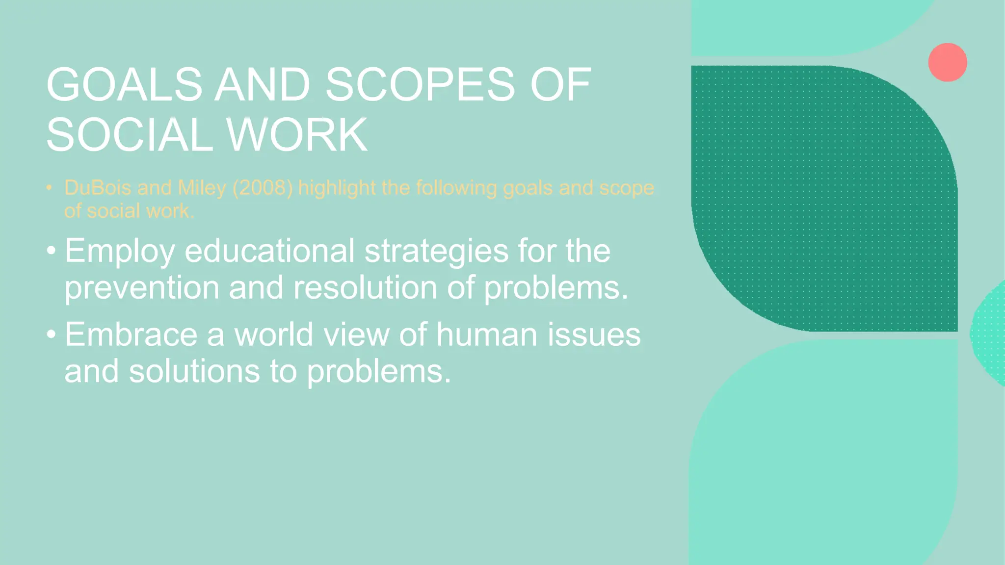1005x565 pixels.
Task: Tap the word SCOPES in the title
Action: click(420, 85)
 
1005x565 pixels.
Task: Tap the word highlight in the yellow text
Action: click(337, 188)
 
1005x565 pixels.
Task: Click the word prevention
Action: click(142, 287)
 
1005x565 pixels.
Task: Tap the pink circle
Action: click(947, 62)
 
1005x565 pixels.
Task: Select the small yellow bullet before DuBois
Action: click(49, 188)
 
